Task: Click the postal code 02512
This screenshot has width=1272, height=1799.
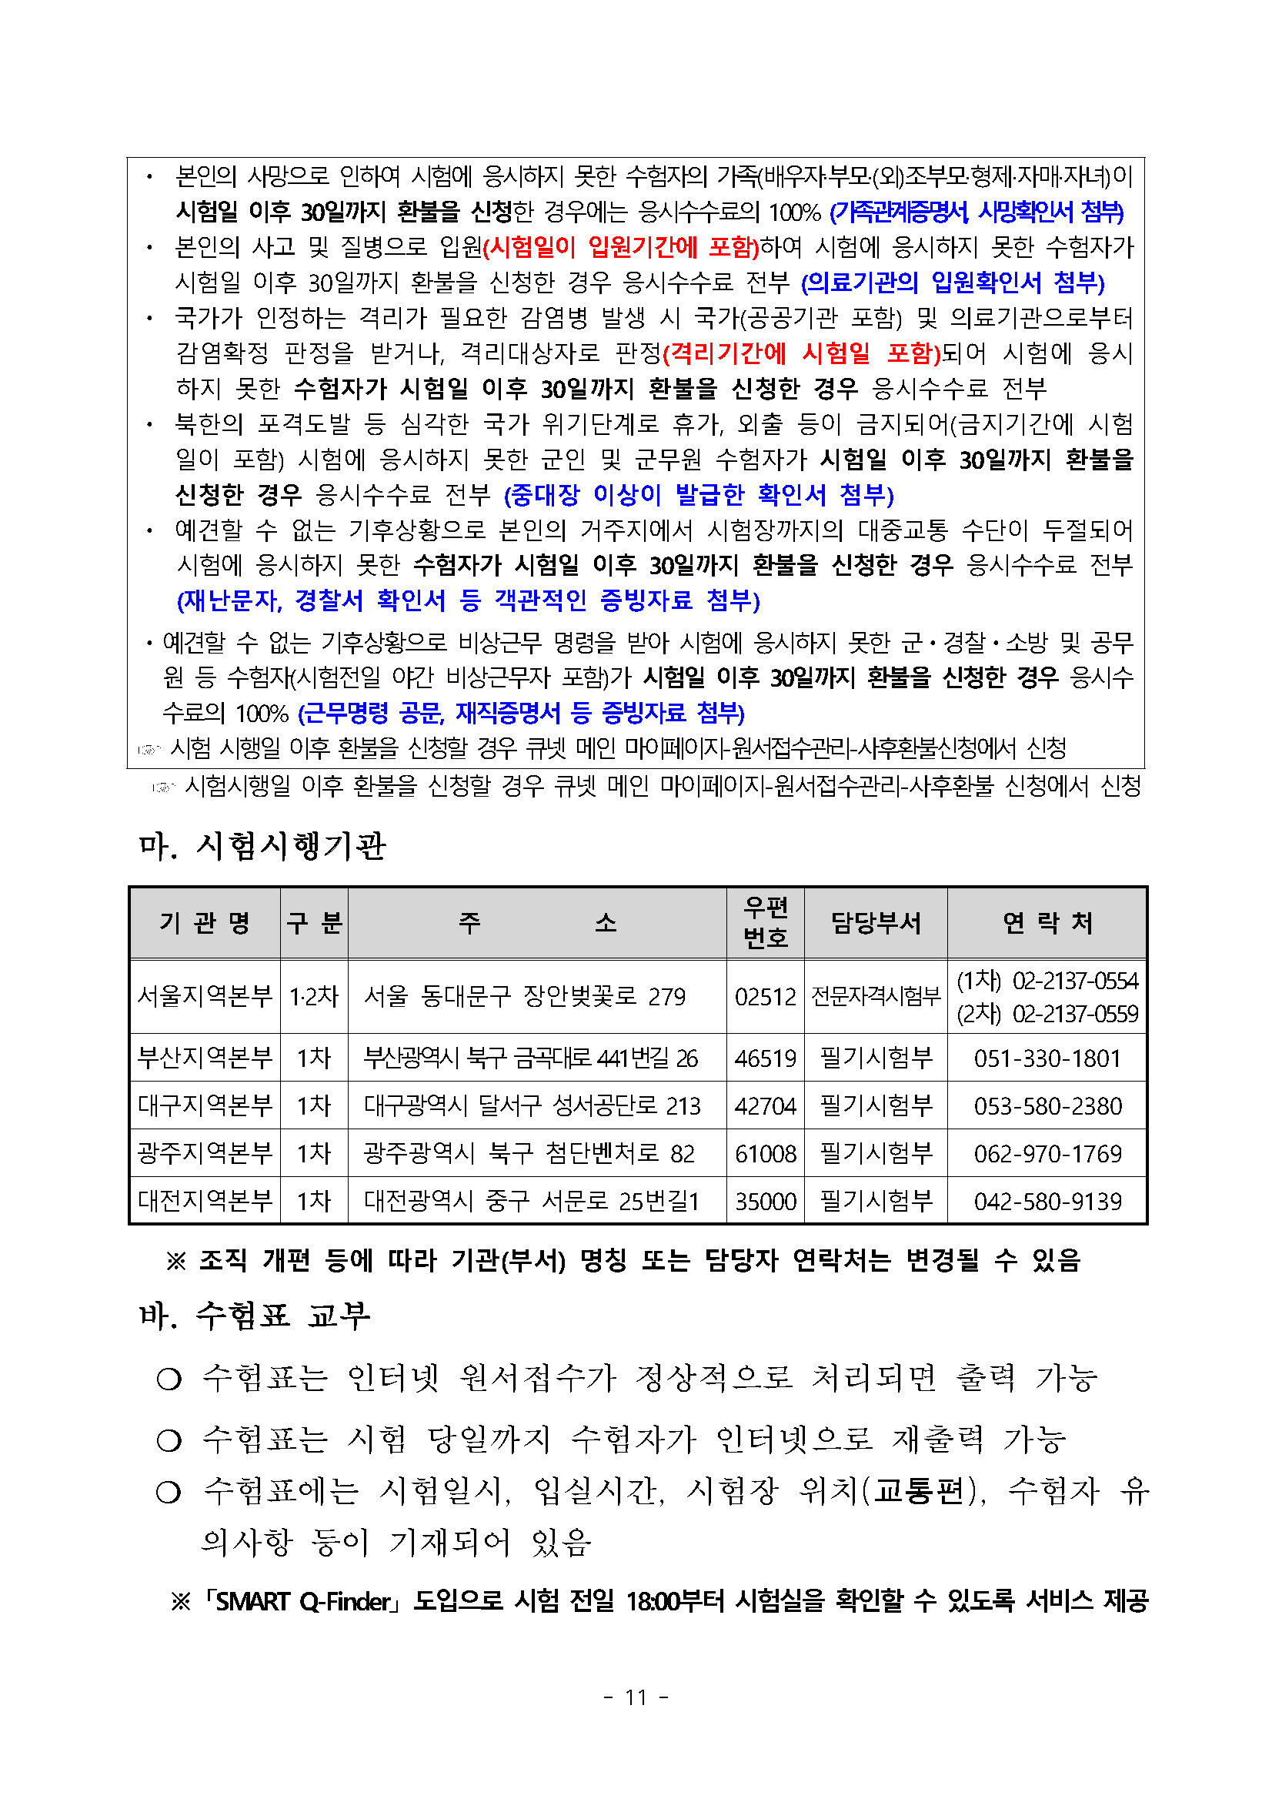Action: click(x=764, y=997)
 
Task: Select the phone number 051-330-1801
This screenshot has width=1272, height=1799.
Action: click(x=1047, y=1058)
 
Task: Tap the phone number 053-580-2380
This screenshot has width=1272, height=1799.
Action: click(x=1047, y=1106)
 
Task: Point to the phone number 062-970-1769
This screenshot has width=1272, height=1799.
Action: click(x=1047, y=1154)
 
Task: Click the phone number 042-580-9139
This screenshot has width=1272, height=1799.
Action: click(x=1047, y=1202)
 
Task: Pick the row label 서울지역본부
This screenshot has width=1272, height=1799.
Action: click(x=205, y=997)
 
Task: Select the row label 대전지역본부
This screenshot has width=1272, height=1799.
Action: click(x=205, y=1202)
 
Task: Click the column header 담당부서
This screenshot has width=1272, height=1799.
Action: click(x=876, y=923)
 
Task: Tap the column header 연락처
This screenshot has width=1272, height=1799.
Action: click(x=1047, y=923)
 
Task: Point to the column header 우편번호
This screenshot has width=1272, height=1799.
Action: click(x=765, y=923)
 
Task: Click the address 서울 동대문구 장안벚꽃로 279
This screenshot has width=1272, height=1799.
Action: click(x=525, y=997)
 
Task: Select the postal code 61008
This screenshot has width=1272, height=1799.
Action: click(x=764, y=1154)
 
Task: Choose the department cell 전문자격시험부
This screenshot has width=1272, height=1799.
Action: click(x=876, y=997)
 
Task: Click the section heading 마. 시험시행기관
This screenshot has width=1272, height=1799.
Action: click(x=262, y=847)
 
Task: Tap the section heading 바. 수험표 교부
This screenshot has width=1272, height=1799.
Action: click(x=255, y=1316)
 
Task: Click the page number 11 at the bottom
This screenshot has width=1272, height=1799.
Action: click(x=635, y=1698)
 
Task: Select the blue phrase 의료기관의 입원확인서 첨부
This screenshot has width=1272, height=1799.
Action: click(x=953, y=283)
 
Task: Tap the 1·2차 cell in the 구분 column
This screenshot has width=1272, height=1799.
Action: click(x=313, y=997)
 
